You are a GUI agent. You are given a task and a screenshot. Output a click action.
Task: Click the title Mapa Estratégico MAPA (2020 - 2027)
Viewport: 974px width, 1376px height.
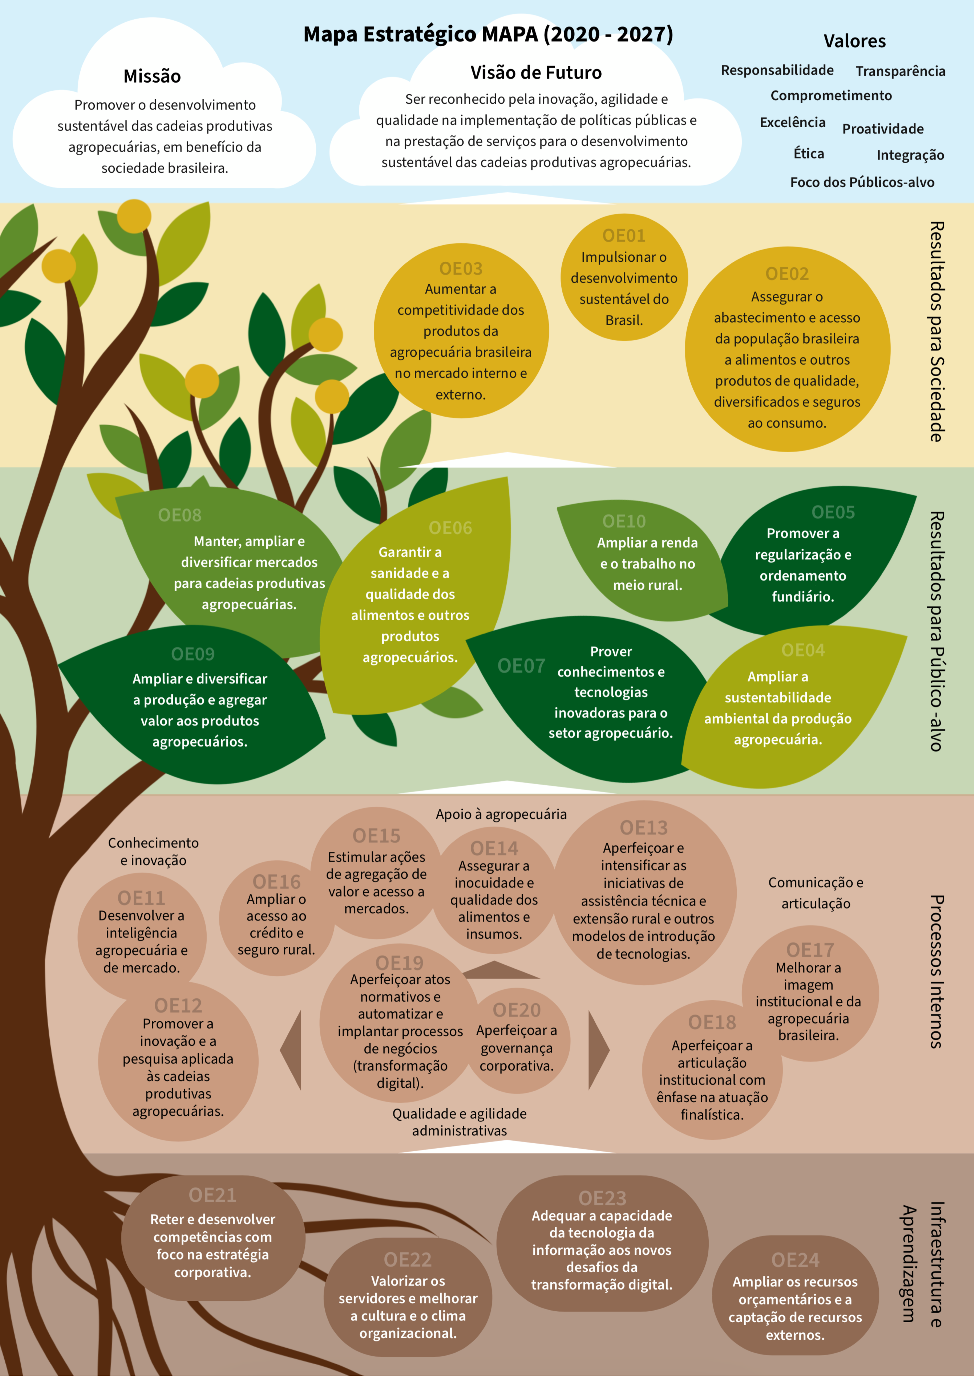point(488,34)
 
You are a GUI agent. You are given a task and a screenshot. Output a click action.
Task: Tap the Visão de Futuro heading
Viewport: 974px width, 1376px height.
point(536,73)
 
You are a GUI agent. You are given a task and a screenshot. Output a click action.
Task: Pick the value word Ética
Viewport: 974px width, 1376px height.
point(808,153)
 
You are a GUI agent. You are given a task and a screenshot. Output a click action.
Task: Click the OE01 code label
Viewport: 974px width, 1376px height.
point(624,236)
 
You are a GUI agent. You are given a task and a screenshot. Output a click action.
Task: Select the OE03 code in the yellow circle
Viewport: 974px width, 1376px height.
point(461,269)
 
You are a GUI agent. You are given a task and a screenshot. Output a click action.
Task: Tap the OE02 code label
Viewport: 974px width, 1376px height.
point(787,274)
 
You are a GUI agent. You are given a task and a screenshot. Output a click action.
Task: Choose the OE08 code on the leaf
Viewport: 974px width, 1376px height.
point(179,515)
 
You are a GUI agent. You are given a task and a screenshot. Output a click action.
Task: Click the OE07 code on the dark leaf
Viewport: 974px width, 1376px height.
point(521,666)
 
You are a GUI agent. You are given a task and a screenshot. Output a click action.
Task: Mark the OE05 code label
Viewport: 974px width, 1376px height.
point(832,512)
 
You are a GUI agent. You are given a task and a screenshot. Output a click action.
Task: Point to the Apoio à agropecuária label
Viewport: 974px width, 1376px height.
point(501,814)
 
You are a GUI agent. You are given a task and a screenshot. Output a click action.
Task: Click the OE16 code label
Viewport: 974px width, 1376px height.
point(276,882)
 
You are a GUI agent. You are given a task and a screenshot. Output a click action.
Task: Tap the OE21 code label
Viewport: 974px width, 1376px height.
point(212,1195)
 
